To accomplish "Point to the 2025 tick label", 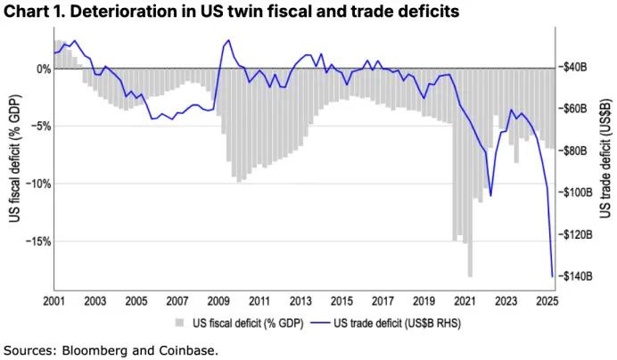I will (547, 301).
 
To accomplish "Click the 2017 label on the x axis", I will (383, 301).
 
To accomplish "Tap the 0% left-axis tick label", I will (40, 69).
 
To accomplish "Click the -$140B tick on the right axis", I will (574, 276).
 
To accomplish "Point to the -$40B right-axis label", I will (572, 67).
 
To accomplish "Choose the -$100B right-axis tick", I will (574, 192).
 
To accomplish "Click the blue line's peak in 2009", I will (229, 40).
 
